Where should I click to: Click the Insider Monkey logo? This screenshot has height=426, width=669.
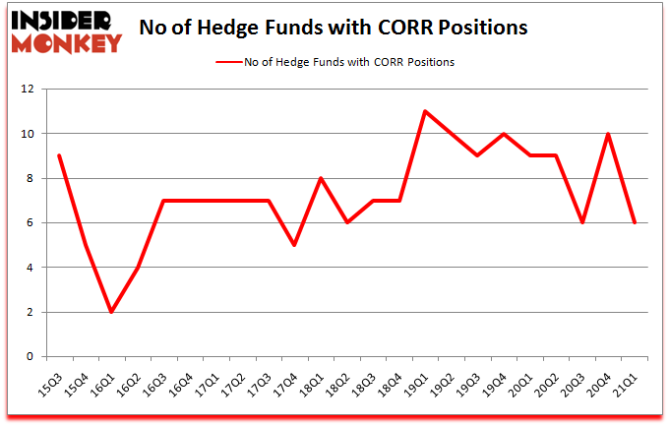(66, 30)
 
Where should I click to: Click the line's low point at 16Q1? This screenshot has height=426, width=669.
(111, 312)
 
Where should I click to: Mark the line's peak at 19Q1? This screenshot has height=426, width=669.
(424, 111)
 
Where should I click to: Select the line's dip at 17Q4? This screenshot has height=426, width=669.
(294, 245)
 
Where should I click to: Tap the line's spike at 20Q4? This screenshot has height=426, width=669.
(607, 134)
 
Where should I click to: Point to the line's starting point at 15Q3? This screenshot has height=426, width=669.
(59, 155)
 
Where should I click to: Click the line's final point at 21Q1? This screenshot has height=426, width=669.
(634, 222)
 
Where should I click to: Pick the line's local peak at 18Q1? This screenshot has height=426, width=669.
(320, 178)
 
